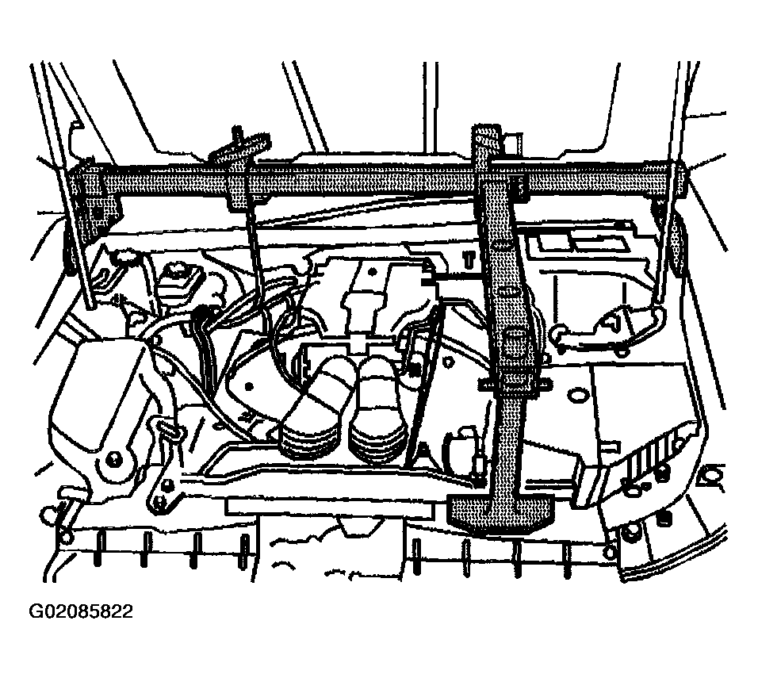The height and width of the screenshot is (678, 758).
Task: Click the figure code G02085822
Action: (81, 611)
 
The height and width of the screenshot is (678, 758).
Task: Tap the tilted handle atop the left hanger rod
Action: (239, 147)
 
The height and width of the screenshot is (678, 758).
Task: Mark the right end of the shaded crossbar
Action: (674, 183)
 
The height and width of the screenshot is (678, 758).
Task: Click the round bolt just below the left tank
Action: (114, 458)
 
